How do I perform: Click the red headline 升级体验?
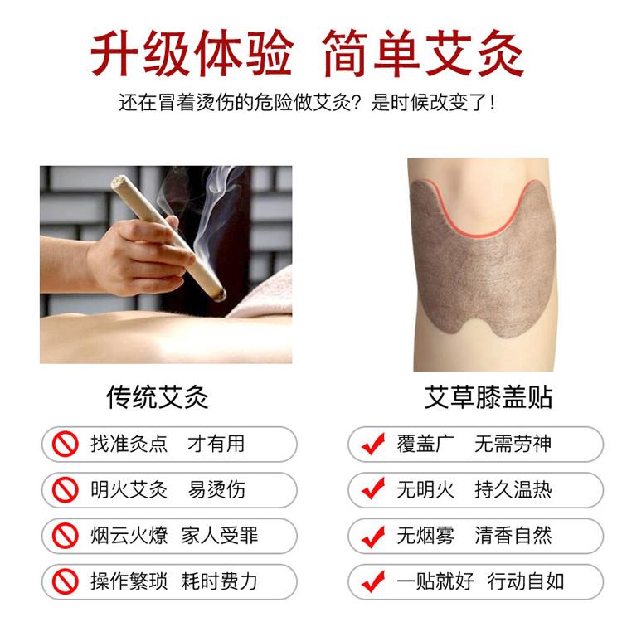tap(192, 53)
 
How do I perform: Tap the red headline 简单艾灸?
tap(423, 53)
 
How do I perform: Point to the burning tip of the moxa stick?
tap(220, 294)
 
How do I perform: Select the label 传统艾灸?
tap(157, 397)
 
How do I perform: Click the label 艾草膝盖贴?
tap(488, 396)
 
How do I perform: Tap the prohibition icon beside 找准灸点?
tap(65, 444)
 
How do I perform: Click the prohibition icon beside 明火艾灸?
tap(65, 490)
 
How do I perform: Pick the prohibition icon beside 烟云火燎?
tap(65, 536)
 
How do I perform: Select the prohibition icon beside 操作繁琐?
tap(65, 581)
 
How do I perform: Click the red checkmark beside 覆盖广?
tap(373, 444)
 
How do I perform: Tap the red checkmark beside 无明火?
tap(373, 489)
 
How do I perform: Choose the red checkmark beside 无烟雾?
tap(373, 535)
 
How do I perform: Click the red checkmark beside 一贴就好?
tap(373, 581)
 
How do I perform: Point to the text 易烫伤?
tap(216, 489)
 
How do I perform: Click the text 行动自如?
tap(526, 581)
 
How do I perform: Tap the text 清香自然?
tap(513, 536)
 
